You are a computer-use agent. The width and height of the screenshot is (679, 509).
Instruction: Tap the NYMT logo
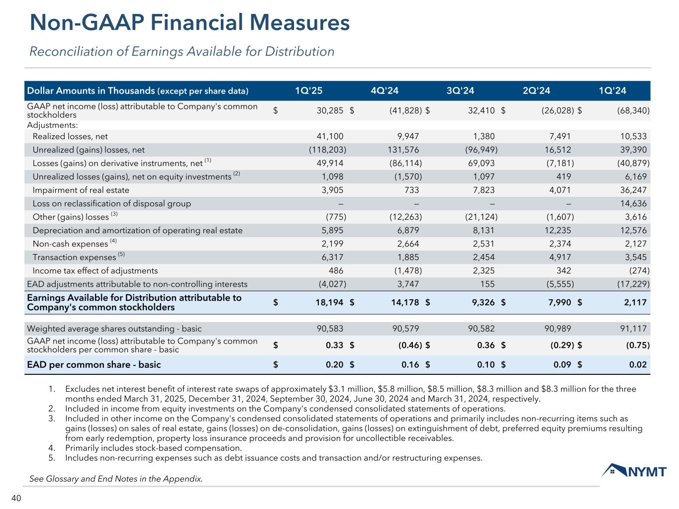click(634, 470)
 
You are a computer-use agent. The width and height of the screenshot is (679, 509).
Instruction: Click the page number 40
click(16, 499)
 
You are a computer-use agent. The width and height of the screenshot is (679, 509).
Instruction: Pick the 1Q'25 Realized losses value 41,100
click(330, 136)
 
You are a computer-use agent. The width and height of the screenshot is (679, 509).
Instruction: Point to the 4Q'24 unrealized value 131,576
click(403, 150)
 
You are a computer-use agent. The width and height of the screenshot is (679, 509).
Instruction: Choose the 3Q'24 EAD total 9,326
click(482, 302)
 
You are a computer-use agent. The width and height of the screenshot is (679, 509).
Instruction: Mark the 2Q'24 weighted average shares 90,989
click(558, 329)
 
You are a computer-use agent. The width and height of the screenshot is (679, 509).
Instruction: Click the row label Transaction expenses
click(74, 257)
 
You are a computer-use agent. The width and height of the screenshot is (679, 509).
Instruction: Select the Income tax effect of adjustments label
click(95, 271)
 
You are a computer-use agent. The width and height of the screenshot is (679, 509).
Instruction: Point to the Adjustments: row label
click(52, 125)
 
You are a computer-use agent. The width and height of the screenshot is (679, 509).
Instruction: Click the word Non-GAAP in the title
click(84, 23)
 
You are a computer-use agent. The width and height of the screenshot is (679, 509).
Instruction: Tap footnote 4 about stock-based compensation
click(153, 448)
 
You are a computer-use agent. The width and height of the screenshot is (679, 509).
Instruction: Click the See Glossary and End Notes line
click(116, 479)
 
